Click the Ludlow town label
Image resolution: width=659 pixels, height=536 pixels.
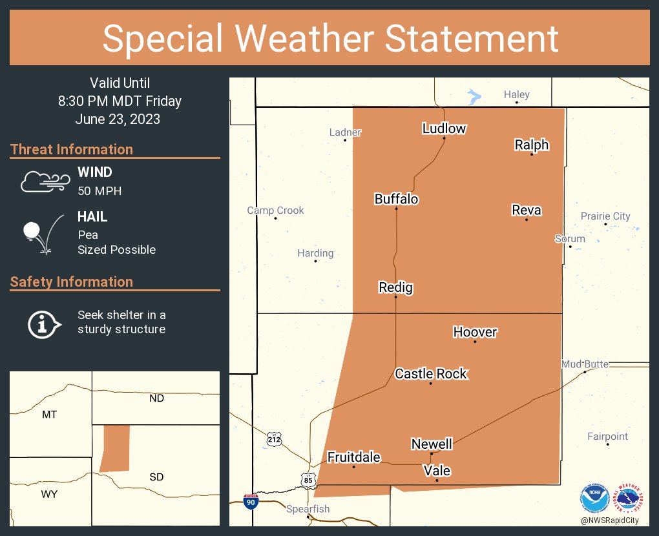[444, 129]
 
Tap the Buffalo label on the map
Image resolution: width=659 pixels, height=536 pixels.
[396, 199]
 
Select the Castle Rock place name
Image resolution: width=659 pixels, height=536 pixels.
[430, 373]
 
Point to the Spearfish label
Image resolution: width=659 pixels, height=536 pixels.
[308, 509]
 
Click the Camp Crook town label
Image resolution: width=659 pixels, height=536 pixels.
[275, 211]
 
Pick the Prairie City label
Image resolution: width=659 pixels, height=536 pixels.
[605, 216]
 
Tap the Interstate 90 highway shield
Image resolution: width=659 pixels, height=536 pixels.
[250, 501]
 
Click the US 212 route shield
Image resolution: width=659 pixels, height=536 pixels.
[275, 439]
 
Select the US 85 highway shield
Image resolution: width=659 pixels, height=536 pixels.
[308, 479]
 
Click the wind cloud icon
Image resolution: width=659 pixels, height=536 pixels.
[44, 181]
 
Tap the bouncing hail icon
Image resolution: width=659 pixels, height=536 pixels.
[41, 232]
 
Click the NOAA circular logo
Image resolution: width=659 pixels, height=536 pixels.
[594, 499]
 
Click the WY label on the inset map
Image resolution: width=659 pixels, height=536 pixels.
[49, 494]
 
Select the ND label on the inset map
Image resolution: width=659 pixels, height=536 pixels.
[156, 398]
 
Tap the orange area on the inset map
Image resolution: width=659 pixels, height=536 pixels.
[115, 448]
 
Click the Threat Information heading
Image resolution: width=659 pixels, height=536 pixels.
[72, 149]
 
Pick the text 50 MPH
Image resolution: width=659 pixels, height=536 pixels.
[99, 191]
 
